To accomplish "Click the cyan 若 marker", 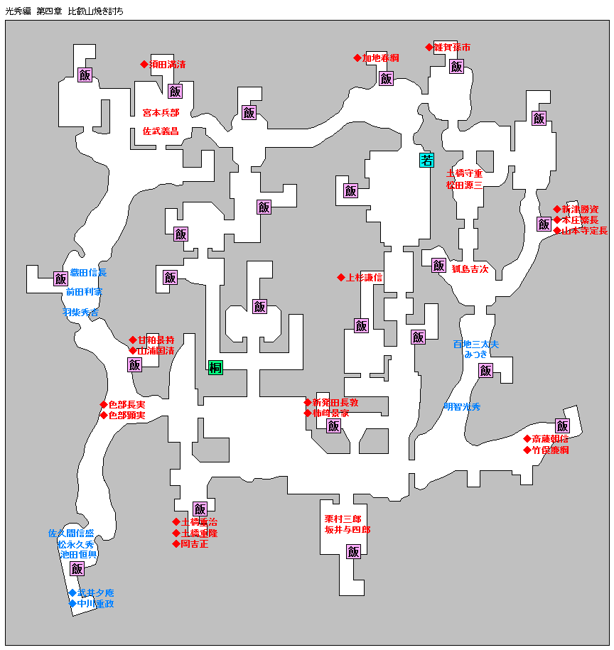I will (426, 160).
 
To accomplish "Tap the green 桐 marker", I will (216, 367).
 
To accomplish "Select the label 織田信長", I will (88, 273).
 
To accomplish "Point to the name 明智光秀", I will (462, 407).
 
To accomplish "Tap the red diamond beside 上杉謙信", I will (341, 278).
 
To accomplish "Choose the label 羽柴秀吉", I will (80, 312).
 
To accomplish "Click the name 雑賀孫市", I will (453, 48).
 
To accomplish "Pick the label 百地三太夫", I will (476, 345).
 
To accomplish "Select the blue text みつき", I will (476, 354).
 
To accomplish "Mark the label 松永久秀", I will (75, 544).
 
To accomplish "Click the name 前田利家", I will (85, 292).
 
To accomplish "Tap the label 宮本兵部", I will (161, 113).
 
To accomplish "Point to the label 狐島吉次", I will (470, 269).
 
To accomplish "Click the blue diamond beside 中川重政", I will (72, 604).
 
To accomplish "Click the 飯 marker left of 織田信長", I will (60, 279).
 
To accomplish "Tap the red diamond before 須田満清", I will (144, 65).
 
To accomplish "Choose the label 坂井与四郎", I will (348, 530).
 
